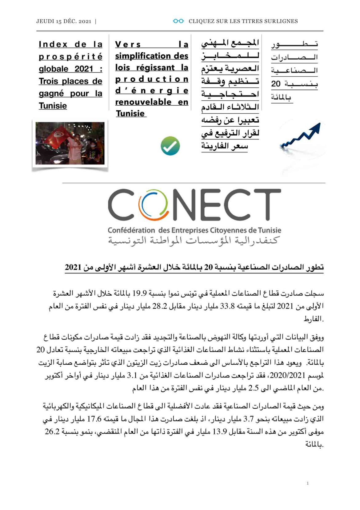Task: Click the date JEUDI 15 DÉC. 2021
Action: (x=64, y=21)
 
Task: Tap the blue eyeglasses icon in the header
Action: (x=178, y=21)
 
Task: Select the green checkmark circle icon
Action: (x=170, y=146)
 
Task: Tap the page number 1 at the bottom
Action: (x=307, y=483)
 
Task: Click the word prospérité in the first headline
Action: (x=70, y=57)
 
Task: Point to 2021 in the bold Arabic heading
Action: (x=73, y=268)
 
